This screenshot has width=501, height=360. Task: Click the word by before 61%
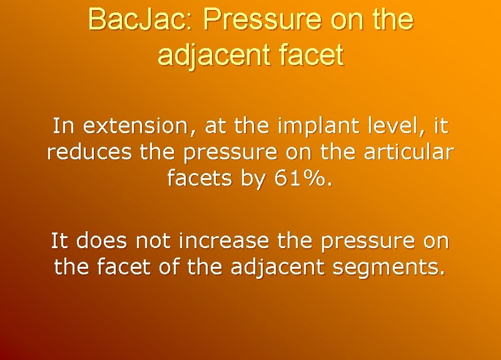tap(253, 179)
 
